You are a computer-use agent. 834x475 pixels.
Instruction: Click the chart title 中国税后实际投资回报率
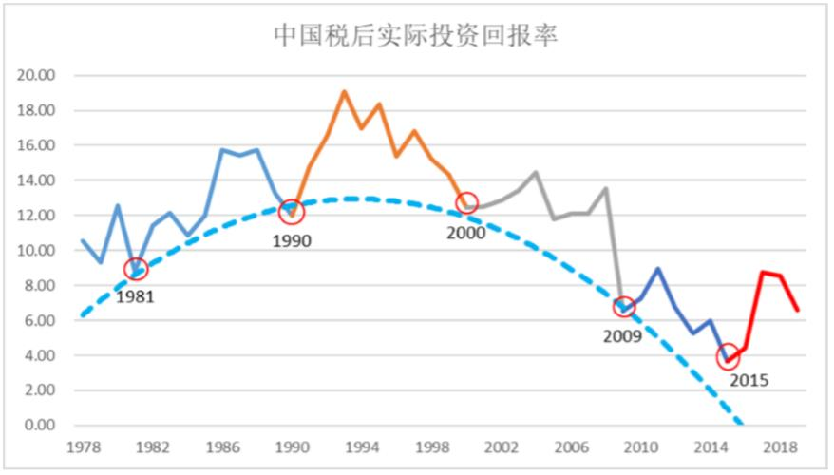pyautogui.click(x=415, y=35)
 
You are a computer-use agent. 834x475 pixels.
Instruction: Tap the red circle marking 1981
pyautogui.click(x=136, y=269)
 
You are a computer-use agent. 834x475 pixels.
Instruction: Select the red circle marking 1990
pyautogui.click(x=293, y=212)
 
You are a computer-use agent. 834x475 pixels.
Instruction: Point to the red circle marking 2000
pyautogui.click(x=466, y=202)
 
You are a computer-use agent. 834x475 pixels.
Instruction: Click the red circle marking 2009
pyautogui.click(x=624, y=306)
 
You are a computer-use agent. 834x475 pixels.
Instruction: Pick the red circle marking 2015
pyautogui.click(x=728, y=357)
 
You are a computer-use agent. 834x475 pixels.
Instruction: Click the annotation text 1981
pyautogui.click(x=135, y=296)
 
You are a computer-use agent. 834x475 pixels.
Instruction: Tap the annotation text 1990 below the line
pyautogui.click(x=292, y=241)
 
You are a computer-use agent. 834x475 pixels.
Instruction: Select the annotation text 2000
pyautogui.click(x=466, y=233)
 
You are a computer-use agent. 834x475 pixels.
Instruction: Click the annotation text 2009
pyautogui.click(x=622, y=335)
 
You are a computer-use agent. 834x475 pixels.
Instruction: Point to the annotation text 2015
pyautogui.click(x=749, y=381)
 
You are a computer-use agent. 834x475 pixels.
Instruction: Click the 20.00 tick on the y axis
pyautogui.click(x=38, y=76)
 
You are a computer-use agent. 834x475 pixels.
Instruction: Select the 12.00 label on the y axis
pyautogui.click(x=38, y=216)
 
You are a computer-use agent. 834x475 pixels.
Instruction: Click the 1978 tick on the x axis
pyautogui.click(x=83, y=446)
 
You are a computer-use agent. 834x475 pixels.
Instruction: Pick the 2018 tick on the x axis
pyautogui.click(x=780, y=446)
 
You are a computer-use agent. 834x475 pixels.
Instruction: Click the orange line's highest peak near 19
pyautogui.click(x=344, y=92)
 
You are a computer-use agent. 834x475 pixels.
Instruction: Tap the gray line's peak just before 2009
pyautogui.click(x=606, y=188)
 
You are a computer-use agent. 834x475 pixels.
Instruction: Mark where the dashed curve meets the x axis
pyautogui.click(x=741, y=424)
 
